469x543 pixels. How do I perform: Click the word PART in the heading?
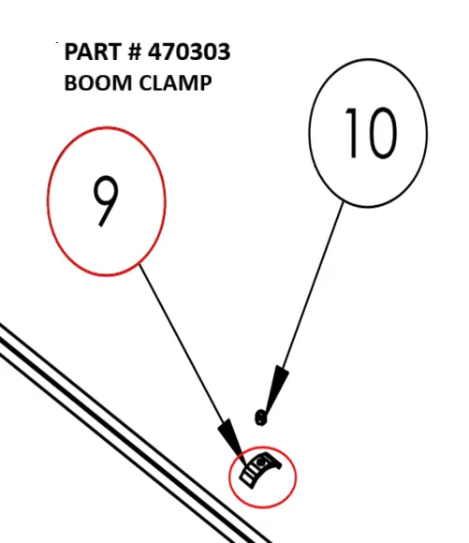[x=92, y=51]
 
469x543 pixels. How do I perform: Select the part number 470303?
[x=189, y=51]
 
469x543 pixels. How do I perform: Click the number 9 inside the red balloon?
[x=106, y=201]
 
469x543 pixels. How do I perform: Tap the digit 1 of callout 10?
[x=352, y=133]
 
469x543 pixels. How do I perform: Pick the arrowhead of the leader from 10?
[x=277, y=389]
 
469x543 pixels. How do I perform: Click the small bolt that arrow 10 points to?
[x=260, y=418]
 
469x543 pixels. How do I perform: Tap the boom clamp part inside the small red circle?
[x=260, y=471]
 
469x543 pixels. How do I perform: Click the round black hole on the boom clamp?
[x=261, y=462]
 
